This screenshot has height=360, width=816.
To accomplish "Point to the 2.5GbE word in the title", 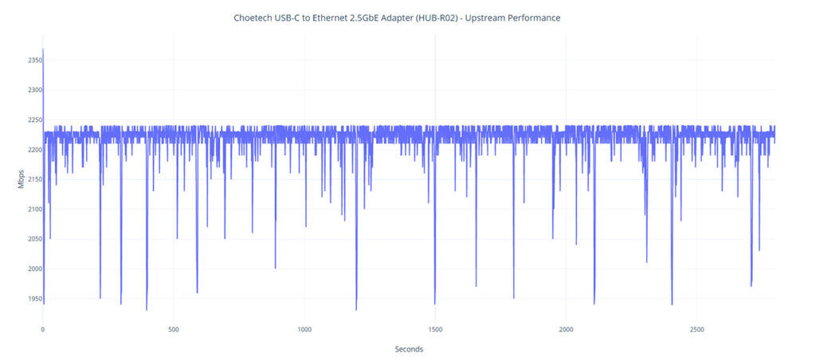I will (x=360, y=18).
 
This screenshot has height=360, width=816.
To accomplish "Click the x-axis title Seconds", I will (x=409, y=349).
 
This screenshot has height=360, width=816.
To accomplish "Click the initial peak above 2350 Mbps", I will (x=43, y=50).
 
